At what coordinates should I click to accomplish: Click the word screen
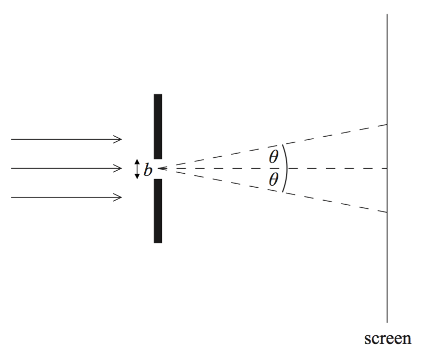point(388,339)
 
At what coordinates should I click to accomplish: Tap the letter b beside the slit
point(148,170)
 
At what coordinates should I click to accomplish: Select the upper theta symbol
point(274,156)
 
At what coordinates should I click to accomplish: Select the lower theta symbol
point(274,181)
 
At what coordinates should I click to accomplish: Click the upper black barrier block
point(158,126)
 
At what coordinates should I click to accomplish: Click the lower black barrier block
point(158,210)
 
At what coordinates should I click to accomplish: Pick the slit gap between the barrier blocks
point(158,169)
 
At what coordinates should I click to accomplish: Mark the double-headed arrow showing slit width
point(137,169)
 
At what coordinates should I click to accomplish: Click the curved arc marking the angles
point(286,169)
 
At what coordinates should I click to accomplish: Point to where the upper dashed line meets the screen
point(387,125)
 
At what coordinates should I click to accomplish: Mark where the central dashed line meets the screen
point(387,169)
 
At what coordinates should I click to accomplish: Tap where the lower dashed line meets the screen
point(387,212)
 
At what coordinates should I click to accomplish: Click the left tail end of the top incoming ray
point(11,139)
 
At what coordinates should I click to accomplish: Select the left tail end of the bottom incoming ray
point(11,197)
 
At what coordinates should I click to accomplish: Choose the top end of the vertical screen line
point(387,15)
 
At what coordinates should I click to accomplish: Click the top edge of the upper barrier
point(158,95)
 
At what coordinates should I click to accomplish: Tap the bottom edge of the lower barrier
point(158,242)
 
